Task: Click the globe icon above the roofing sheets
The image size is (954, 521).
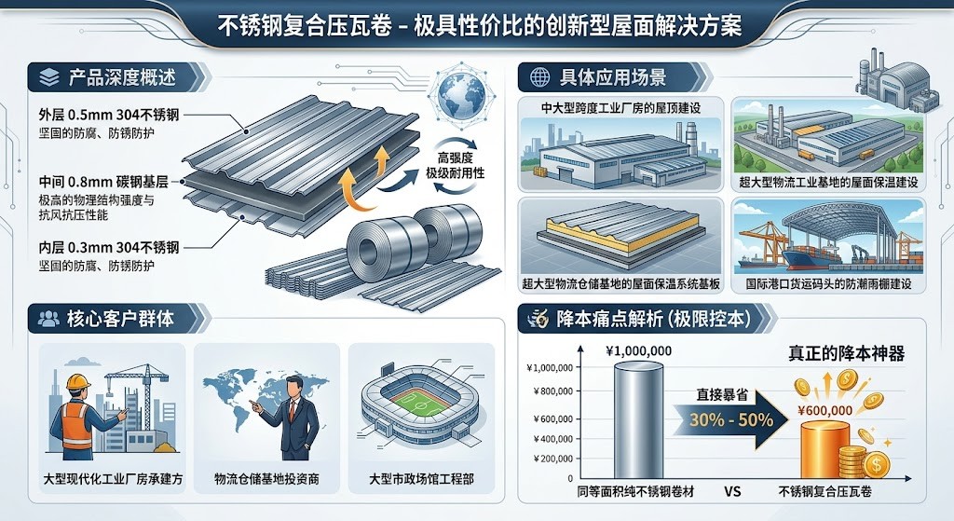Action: coord(460,96)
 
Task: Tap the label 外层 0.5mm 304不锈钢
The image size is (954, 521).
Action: coord(109,115)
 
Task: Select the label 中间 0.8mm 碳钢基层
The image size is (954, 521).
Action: coord(103,182)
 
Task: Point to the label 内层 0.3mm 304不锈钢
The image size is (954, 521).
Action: coord(109,247)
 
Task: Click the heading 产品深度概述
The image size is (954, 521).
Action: coord(122,77)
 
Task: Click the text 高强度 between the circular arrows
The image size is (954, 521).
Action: coord(456,158)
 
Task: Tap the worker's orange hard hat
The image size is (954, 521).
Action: coord(78,380)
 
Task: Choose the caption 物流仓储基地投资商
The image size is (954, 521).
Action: coord(266,479)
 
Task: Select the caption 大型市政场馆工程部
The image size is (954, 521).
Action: coord(422,479)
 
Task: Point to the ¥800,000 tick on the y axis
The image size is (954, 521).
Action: coord(552,391)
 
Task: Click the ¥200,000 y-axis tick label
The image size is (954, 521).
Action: coord(552,459)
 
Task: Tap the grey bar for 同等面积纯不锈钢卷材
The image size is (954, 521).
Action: coord(638,420)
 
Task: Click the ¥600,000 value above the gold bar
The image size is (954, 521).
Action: coord(825,410)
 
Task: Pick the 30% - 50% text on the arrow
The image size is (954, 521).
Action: coord(731,419)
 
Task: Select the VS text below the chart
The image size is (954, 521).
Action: coord(732,491)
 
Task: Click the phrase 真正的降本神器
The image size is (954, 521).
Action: coord(846,353)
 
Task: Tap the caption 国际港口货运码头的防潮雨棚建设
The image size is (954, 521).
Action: coord(828,283)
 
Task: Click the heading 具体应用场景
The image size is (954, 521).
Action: coord(613,77)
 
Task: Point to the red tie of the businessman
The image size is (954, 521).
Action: coord(293,410)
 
